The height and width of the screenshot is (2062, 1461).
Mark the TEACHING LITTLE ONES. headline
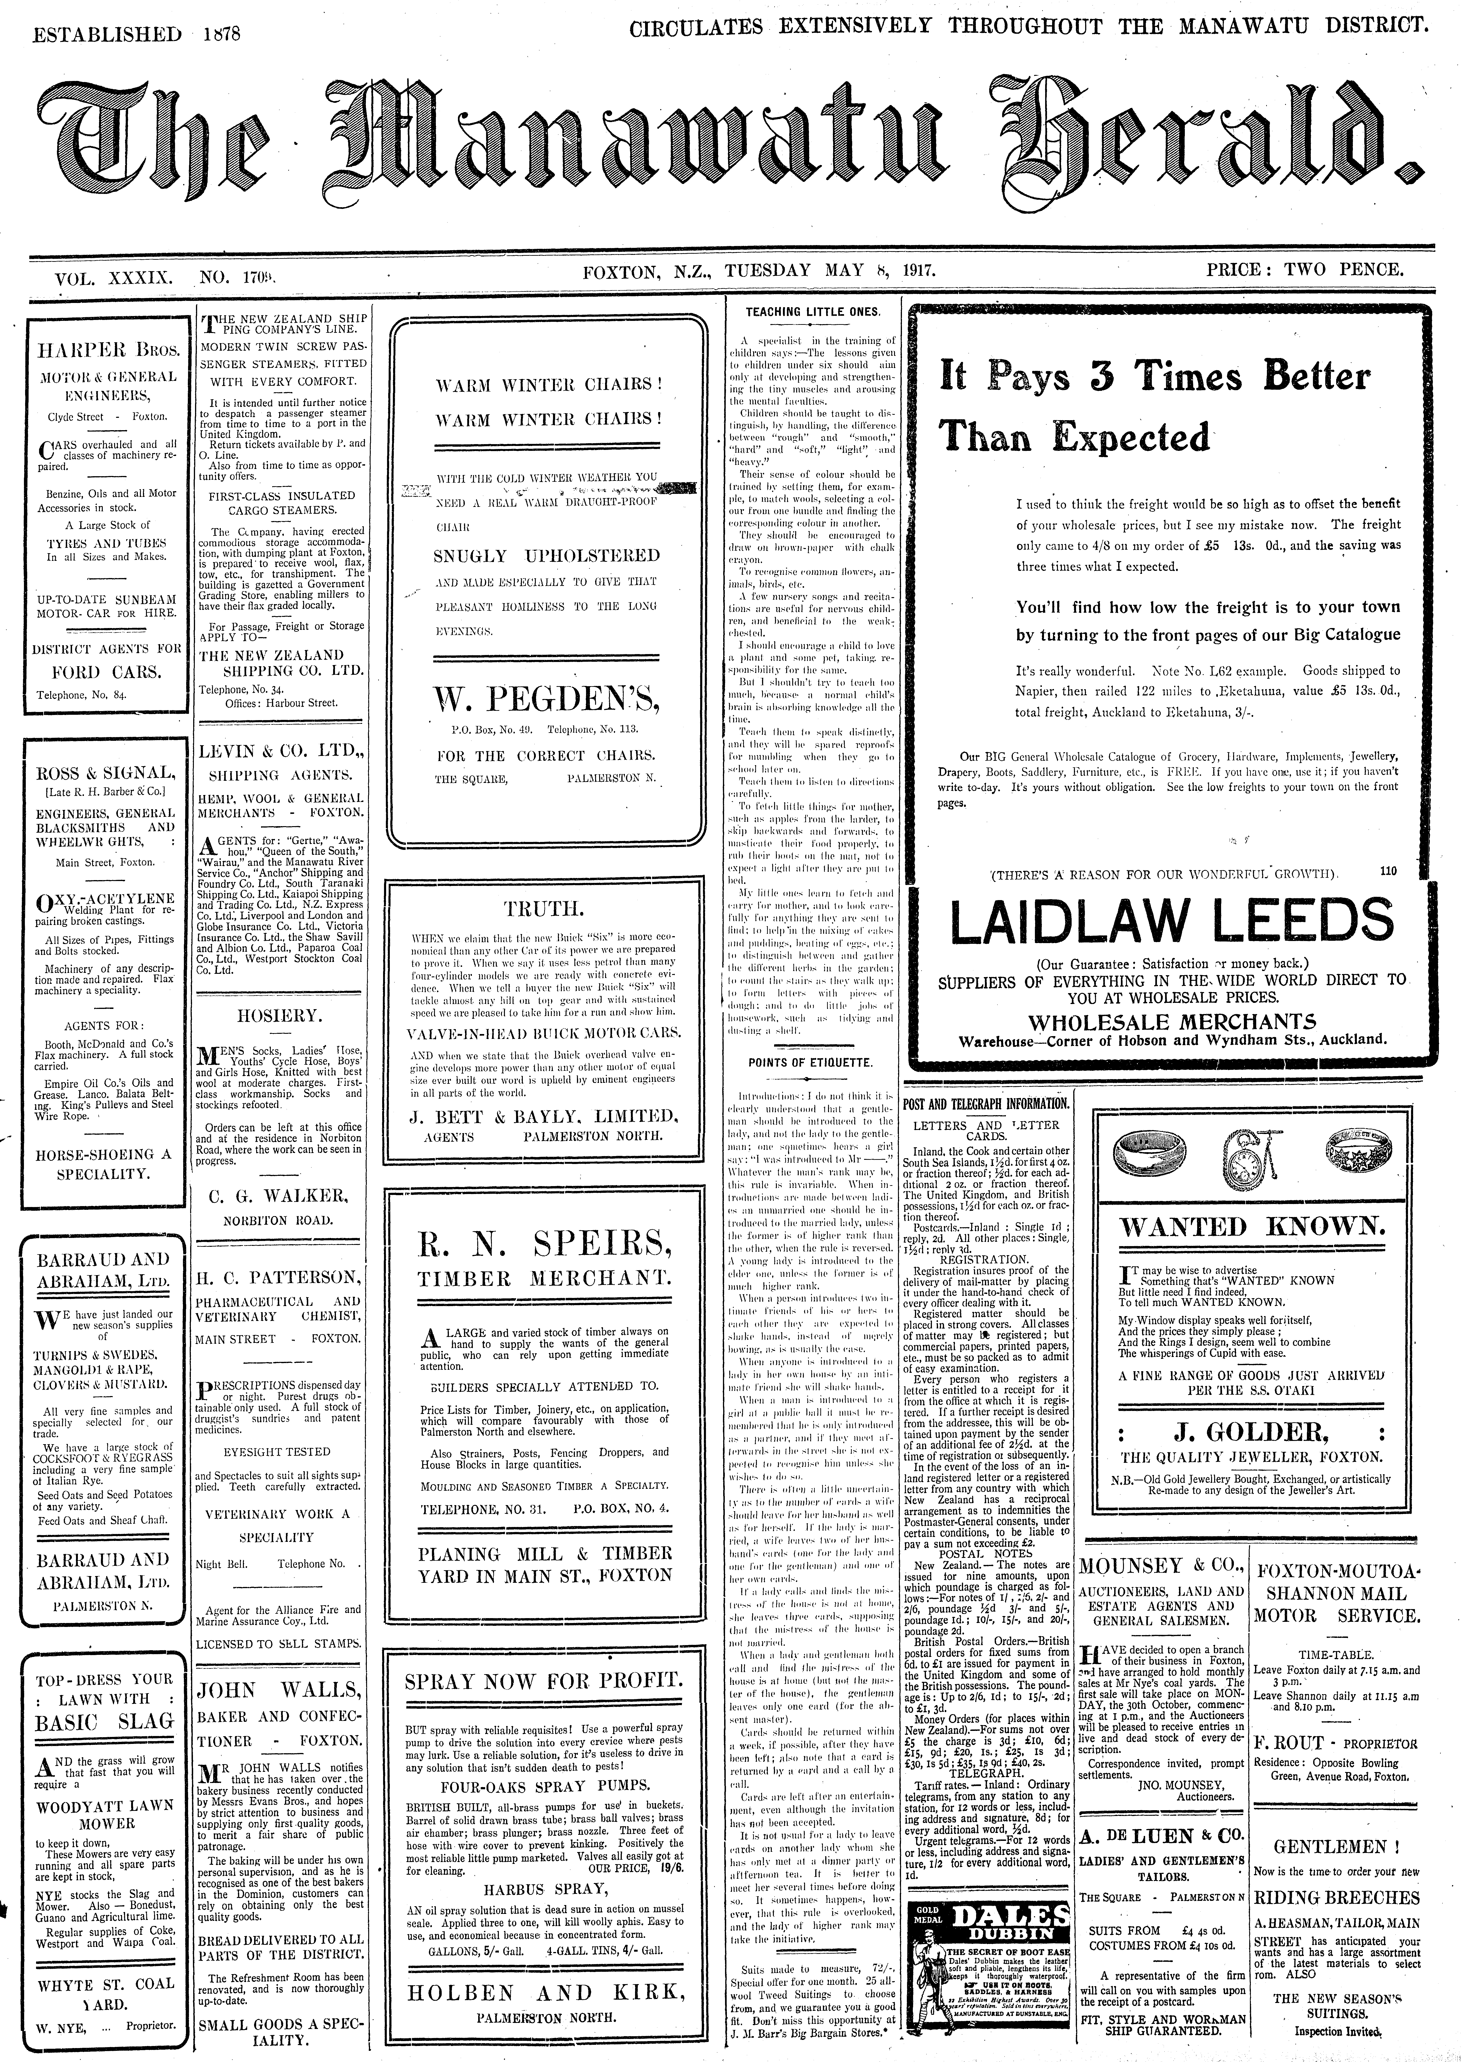812,312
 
